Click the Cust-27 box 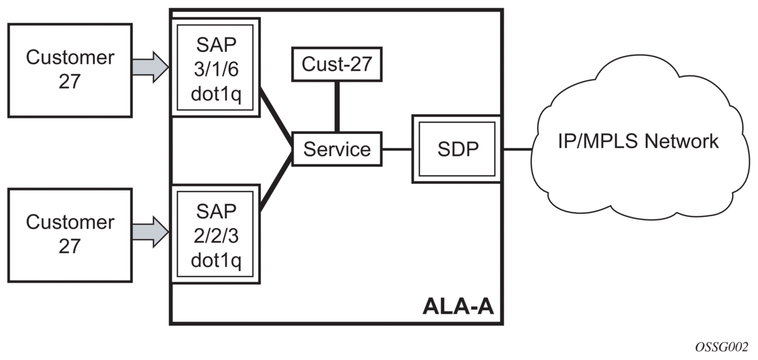(337, 64)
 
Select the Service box (337, 149)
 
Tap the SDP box (456, 149)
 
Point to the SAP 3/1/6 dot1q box (216, 66)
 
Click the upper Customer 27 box (69, 70)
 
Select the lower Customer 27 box (69, 235)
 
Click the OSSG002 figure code (721, 348)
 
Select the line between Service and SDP (397, 149)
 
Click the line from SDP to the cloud (517, 149)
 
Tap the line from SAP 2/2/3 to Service (275, 182)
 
